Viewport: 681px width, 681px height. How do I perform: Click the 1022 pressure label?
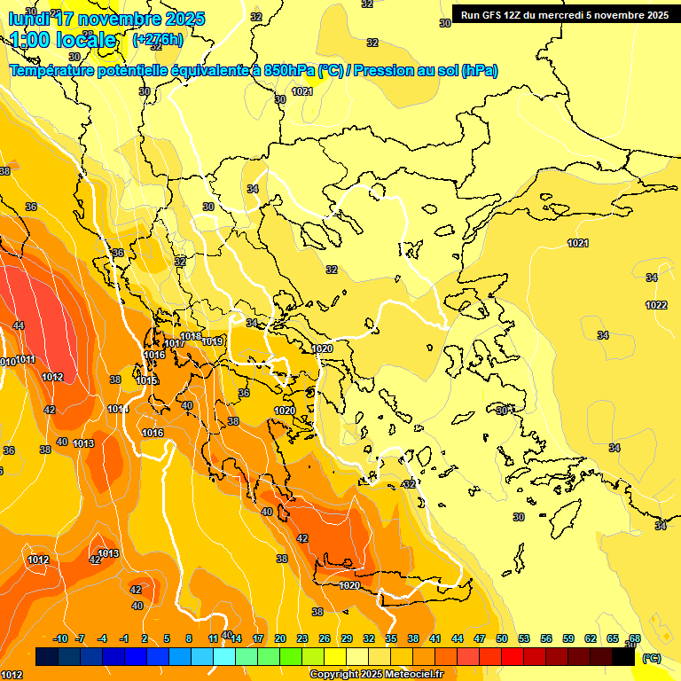click(656, 305)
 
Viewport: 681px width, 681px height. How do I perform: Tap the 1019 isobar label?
click(212, 341)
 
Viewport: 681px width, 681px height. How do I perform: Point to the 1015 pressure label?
click(147, 380)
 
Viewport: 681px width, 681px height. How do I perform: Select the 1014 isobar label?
click(118, 409)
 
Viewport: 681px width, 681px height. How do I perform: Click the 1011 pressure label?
click(25, 359)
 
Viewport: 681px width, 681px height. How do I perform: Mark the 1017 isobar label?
click(175, 343)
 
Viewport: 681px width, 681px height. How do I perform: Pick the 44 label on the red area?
click(19, 325)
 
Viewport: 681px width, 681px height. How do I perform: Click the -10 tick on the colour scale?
click(60, 638)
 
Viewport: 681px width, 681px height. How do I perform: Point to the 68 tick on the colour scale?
click(634, 638)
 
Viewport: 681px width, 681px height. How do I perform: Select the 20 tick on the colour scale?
click(280, 638)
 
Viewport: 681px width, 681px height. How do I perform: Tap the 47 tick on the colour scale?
click(480, 638)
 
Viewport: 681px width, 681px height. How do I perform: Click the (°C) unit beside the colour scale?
click(652, 658)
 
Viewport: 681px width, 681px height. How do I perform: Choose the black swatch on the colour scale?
click(623, 657)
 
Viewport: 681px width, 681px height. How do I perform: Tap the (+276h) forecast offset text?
click(158, 39)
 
